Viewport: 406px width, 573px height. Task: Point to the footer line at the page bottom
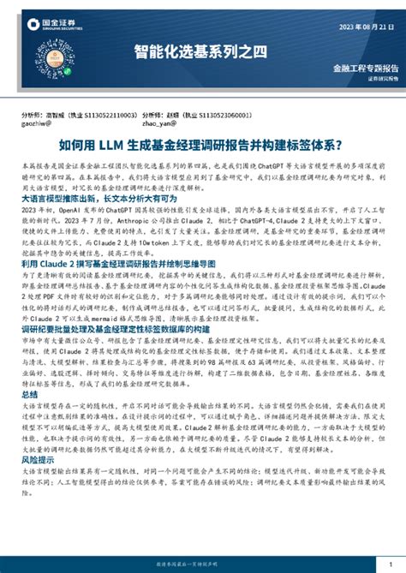click(x=203, y=565)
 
